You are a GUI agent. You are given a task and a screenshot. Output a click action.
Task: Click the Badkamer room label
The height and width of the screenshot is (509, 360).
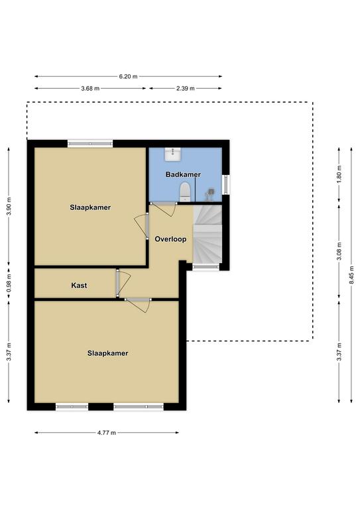pyautogui.click(x=183, y=174)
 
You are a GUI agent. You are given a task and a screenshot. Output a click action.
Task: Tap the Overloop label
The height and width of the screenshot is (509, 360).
pyautogui.click(x=170, y=239)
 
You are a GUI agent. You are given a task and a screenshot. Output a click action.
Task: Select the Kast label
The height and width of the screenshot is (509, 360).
pyautogui.click(x=79, y=286)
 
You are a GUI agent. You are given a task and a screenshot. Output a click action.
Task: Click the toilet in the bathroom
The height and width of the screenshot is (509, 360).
pyautogui.click(x=185, y=192)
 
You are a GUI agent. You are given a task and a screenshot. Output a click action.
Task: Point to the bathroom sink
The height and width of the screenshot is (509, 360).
pyautogui.click(x=172, y=154)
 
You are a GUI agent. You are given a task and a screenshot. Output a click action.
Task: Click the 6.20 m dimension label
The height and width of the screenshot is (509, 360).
pyautogui.click(x=128, y=77)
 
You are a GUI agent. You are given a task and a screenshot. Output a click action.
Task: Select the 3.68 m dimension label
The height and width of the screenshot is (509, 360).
pyautogui.click(x=90, y=88)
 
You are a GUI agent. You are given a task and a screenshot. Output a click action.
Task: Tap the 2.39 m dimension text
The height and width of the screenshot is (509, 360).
pyautogui.click(x=186, y=88)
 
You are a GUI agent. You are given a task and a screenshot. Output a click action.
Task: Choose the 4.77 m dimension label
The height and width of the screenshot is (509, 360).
pyautogui.click(x=107, y=433)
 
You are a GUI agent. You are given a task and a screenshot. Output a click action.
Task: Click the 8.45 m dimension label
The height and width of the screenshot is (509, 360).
pyautogui.click(x=351, y=275)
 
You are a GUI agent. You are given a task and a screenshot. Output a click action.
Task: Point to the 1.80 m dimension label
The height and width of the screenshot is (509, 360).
pyautogui.click(x=339, y=174)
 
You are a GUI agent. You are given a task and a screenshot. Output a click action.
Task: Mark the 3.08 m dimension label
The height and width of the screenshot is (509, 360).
pyautogui.click(x=339, y=251)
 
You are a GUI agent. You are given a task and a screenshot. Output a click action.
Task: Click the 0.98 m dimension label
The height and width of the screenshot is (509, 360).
pyautogui.click(x=9, y=283)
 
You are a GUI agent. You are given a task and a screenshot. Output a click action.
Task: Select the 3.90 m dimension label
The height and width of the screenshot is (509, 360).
pyautogui.click(x=9, y=207)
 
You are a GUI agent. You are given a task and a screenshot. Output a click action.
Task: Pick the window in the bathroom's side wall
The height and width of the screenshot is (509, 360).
pyautogui.click(x=226, y=185)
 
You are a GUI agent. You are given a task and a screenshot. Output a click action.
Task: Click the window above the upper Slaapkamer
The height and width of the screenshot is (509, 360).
pyautogui.click(x=90, y=143)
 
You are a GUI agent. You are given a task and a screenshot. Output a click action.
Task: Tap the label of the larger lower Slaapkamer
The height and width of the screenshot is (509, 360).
pyautogui.click(x=108, y=353)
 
